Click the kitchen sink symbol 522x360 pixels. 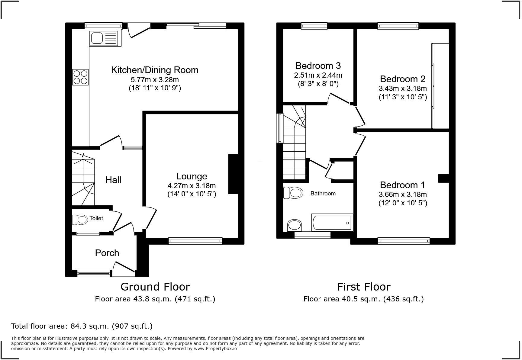[105, 39]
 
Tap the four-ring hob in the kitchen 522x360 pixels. [80, 77]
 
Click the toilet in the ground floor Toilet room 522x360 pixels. [80, 219]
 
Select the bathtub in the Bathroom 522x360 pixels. [332, 223]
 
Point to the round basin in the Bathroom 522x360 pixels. [294, 225]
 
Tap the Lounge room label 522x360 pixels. [192, 176]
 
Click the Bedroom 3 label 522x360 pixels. [318, 66]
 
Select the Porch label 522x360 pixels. [107, 253]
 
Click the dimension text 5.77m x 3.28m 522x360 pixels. [155, 80]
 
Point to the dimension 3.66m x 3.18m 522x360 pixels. [403, 194]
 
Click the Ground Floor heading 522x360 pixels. [155, 287]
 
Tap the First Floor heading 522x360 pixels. [364, 287]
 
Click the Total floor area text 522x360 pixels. [82, 326]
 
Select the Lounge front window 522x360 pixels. [195, 241]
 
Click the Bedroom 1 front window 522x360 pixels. [404, 241]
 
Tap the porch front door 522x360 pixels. [124, 267]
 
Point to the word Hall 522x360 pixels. [113, 180]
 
